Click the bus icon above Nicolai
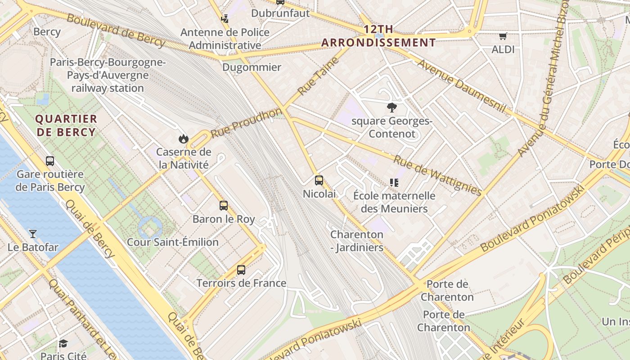(319, 180)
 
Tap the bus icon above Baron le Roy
(224, 206)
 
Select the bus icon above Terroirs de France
(241, 270)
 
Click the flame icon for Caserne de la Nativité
(183, 139)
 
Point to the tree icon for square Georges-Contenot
(392, 107)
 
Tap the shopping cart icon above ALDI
(503, 36)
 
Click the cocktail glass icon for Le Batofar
(33, 234)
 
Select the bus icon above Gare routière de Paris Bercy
(50, 161)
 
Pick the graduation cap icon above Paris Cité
(63, 344)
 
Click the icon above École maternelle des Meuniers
(394, 182)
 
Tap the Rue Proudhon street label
(246, 123)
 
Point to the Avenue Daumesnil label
(462, 85)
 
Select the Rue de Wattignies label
(437, 175)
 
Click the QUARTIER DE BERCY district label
(66, 126)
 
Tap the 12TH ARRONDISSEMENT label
(378, 36)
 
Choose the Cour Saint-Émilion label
(173, 242)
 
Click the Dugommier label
(252, 67)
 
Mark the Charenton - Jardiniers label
(357, 241)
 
